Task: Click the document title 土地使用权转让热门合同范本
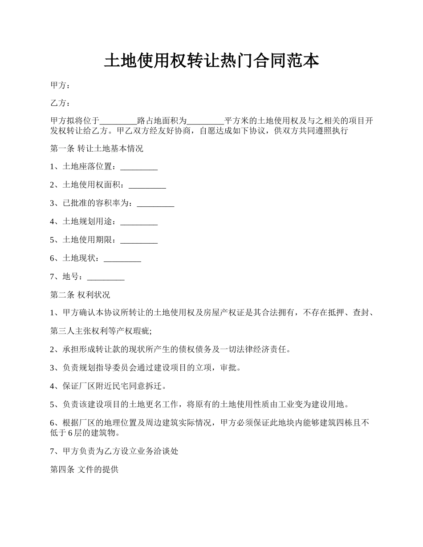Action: pyautogui.click(x=211, y=60)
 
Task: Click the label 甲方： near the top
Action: pyautogui.click(x=60, y=85)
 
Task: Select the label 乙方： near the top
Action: pyautogui.click(x=60, y=103)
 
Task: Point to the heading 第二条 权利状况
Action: pyautogui.click(x=80, y=295)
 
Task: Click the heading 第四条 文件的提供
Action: pyautogui.click(x=84, y=469)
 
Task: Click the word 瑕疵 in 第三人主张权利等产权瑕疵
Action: pyautogui.click(x=143, y=331)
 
